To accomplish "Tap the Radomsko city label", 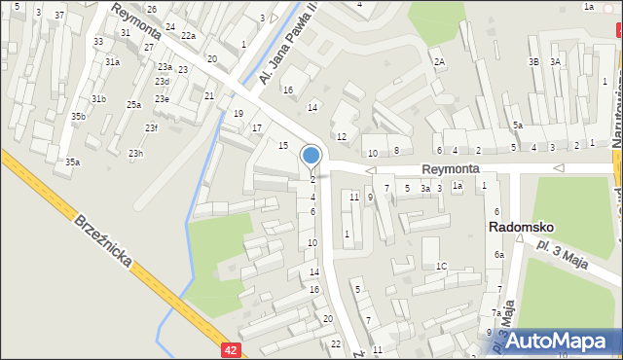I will [521, 227].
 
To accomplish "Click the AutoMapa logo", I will [564, 342].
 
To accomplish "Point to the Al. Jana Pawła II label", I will [286, 56].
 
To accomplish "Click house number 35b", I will [78, 117].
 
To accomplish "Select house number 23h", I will [136, 153].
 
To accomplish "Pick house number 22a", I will [188, 36].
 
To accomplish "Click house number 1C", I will [441, 266].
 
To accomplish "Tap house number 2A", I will [439, 62].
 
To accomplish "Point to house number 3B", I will [533, 61].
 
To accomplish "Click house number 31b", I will [99, 98].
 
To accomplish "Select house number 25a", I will [133, 104].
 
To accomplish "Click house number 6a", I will [498, 254].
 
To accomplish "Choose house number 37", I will [59, 16].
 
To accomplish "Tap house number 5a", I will [518, 125].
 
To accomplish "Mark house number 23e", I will [162, 98].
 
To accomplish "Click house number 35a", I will [72, 162].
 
